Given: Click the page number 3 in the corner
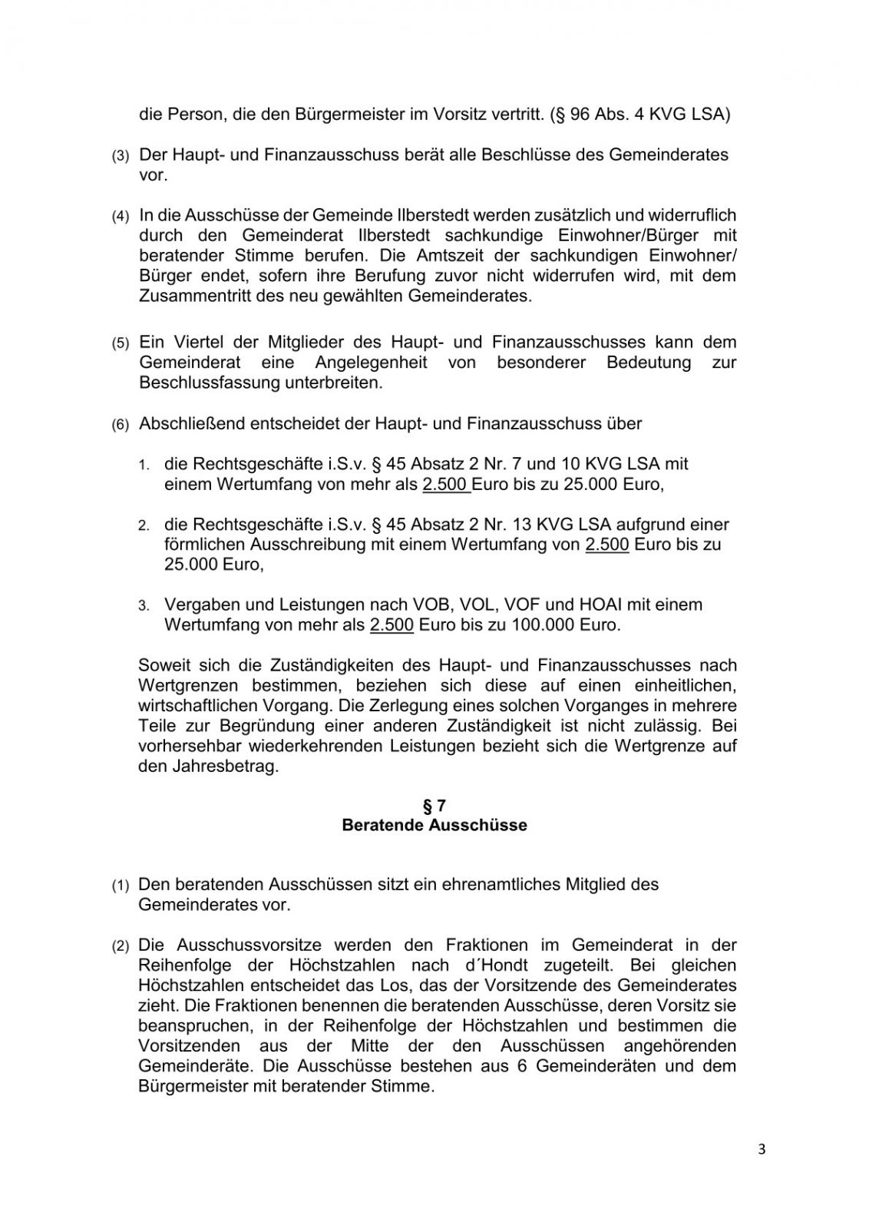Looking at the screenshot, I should pyautogui.click(x=762, y=1150).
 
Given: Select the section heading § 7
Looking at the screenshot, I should pyautogui.click(x=434, y=806).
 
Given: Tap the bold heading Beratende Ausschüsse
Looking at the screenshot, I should pyautogui.click(x=434, y=826).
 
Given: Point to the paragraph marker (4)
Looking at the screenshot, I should pyautogui.click(x=121, y=217).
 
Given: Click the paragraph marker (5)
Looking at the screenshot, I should pyautogui.click(x=121, y=343).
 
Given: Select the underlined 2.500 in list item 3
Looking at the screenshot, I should pyautogui.click(x=392, y=624).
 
